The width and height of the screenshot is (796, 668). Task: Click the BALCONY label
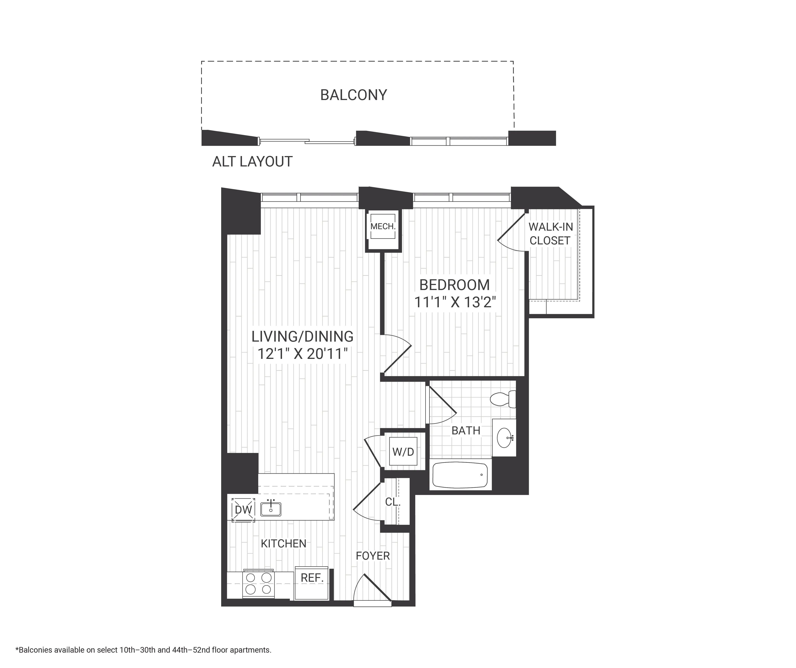[353, 95]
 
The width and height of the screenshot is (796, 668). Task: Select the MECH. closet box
[383, 227]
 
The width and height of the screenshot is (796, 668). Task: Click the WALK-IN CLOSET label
[550, 234]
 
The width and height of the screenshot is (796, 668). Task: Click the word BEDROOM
[454, 285]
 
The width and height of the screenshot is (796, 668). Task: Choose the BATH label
[466, 431]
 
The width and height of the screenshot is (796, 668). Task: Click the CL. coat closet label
[393, 502]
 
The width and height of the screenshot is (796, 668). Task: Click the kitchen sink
[271, 509]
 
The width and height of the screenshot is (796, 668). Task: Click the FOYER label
[373, 556]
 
